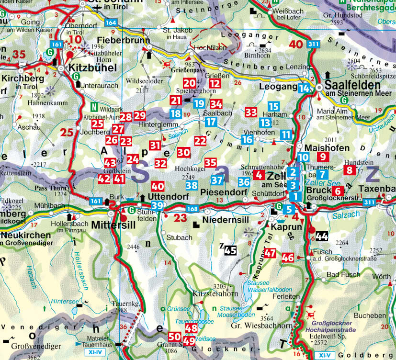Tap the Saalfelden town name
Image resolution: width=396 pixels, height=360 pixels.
click(x=350, y=84)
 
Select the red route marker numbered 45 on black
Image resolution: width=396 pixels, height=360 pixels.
click(x=230, y=249)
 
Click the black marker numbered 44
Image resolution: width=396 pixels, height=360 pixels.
click(x=322, y=236)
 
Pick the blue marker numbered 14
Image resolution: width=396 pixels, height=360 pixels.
click(x=303, y=88)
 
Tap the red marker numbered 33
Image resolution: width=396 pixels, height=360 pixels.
click(x=251, y=112)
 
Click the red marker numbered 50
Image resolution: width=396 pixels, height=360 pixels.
click(x=174, y=337)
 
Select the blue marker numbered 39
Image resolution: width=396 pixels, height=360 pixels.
click(x=157, y=206)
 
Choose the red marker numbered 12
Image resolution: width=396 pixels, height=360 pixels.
click(x=215, y=84)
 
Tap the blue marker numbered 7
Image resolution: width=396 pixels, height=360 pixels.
click(x=323, y=175)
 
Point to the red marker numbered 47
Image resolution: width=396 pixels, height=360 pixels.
click(x=270, y=254)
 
